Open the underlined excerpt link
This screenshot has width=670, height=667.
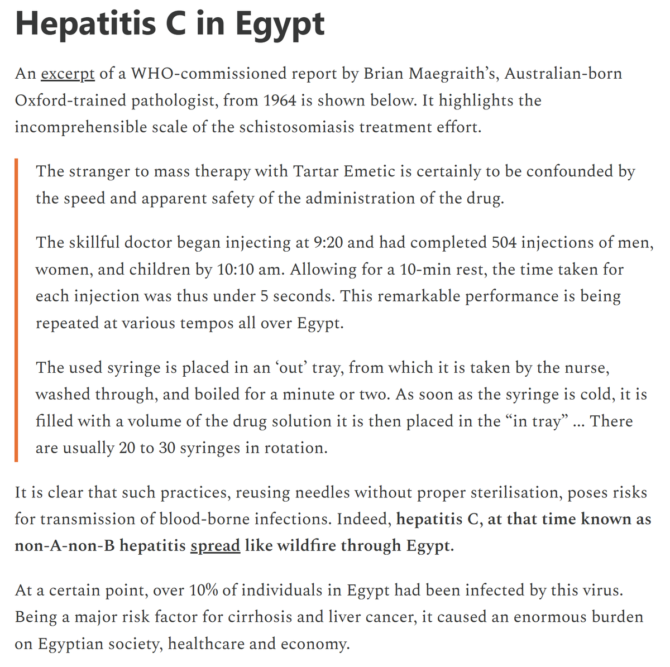[68, 74]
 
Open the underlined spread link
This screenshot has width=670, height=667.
[215, 545]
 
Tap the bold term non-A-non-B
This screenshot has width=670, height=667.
[65, 545]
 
